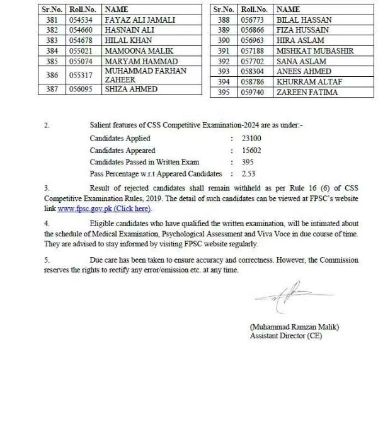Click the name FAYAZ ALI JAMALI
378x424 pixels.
140,20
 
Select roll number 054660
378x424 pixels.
81,30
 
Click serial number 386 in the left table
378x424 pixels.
52,76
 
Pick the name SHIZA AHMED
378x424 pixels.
131,89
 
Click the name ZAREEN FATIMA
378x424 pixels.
307,93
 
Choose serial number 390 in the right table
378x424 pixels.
224,41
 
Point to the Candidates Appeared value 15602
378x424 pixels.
251,151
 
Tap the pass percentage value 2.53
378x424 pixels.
249,173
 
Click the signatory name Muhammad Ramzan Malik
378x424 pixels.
294,327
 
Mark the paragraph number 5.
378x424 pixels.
46,260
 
